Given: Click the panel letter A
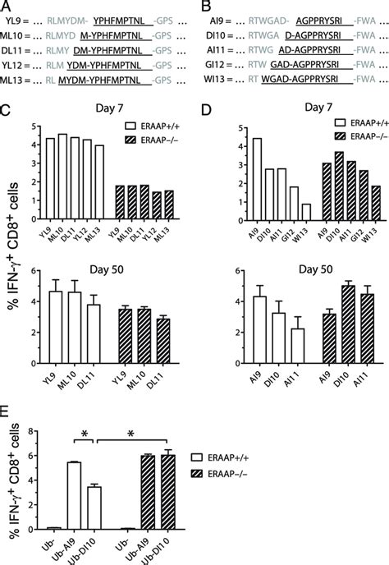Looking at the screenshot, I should click(7, 6).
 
